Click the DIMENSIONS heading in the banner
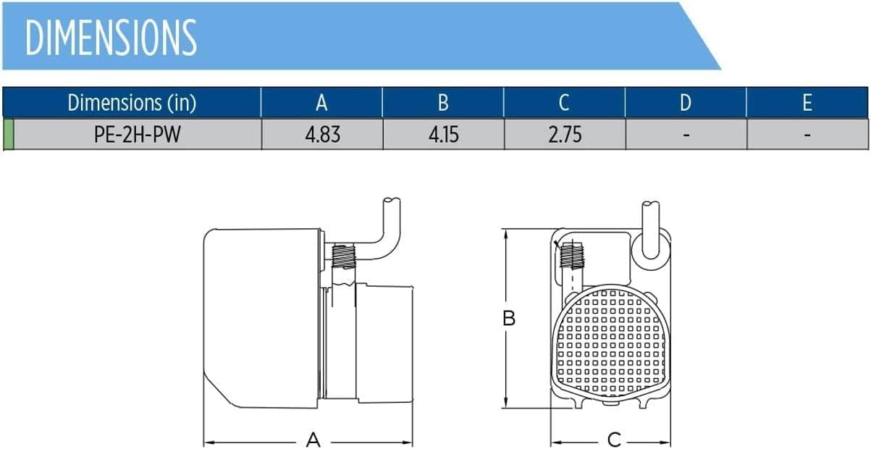(111, 38)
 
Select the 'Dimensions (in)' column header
(132, 103)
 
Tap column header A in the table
(321, 103)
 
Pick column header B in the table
(443, 103)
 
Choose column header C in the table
(564, 103)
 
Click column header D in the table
(685, 103)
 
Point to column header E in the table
(807, 103)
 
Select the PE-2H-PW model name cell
(138, 135)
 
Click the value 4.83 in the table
(323, 135)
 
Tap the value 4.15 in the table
(444, 135)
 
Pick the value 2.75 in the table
(565, 135)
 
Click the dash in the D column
(686, 135)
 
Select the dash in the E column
(807, 135)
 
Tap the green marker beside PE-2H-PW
(8, 135)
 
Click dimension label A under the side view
(313, 440)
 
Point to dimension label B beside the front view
(508, 318)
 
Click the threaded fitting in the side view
(343, 257)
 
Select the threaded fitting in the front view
(571, 255)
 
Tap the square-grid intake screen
(611, 343)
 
